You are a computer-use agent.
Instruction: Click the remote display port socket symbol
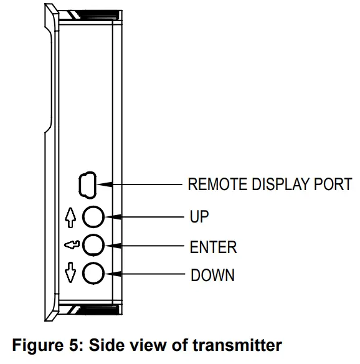[x=86, y=184]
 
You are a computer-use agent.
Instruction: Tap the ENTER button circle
[x=93, y=244]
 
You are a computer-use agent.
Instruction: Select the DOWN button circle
[x=93, y=272]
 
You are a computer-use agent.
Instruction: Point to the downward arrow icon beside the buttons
[x=70, y=274]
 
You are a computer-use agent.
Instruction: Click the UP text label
[x=199, y=217]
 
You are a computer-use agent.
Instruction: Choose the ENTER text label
[x=213, y=246]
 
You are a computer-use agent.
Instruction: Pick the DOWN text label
[x=212, y=275]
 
